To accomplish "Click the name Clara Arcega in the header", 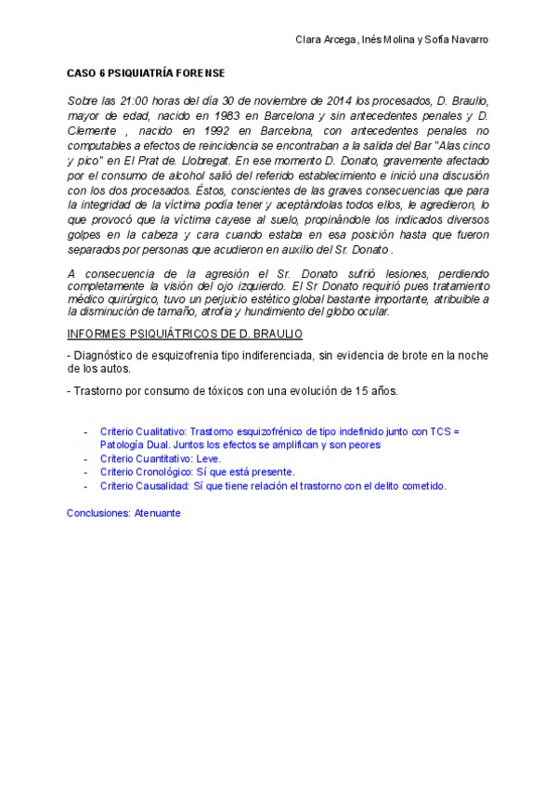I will click(x=324, y=40).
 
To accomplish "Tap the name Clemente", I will click(x=92, y=131).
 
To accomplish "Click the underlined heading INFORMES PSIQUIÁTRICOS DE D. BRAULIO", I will click(x=185, y=334).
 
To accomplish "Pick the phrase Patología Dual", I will click(x=136, y=445).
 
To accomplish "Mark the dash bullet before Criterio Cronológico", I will click(x=86, y=472).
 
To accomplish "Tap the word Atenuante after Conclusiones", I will click(x=158, y=513).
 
